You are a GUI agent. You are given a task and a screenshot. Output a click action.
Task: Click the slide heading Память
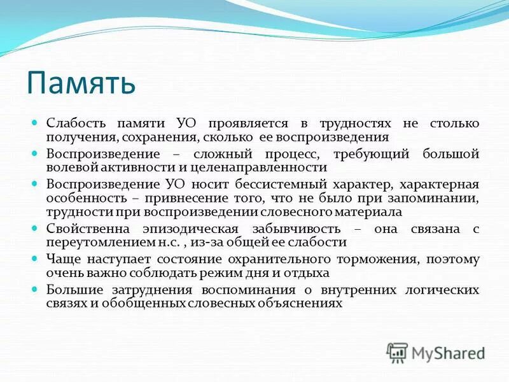[x=81, y=83]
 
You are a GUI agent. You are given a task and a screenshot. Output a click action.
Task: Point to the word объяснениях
[x=298, y=303]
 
